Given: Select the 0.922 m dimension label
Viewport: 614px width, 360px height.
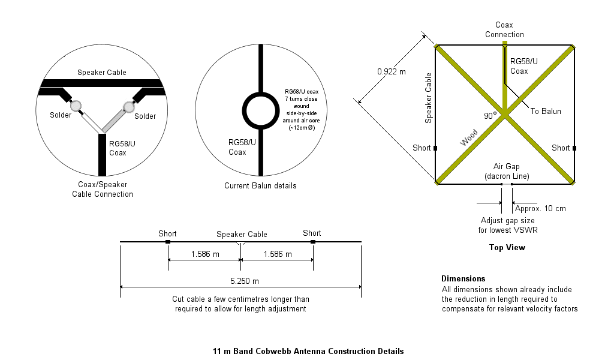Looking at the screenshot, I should [x=391, y=71].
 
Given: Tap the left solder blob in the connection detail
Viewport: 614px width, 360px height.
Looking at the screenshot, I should [x=77, y=106].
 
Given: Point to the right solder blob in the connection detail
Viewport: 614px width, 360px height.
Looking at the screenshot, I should [x=128, y=107].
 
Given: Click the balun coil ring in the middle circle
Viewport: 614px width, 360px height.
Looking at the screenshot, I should [x=261, y=110].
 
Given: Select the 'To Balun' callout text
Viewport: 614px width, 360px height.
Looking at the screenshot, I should [x=546, y=111].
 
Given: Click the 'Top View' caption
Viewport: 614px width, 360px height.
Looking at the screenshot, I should [x=507, y=247].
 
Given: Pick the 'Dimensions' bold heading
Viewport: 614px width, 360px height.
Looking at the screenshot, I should [x=463, y=278].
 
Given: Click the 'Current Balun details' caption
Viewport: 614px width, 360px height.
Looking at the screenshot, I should [x=260, y=185].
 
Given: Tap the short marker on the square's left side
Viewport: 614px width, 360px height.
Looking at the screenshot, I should [x=435, y=148].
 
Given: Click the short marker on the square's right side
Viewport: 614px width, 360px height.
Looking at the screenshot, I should [x=574, y=148].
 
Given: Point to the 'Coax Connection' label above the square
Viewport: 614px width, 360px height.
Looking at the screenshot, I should [x=504, y=29].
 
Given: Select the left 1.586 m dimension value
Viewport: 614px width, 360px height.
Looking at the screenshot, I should [x=205, y=254].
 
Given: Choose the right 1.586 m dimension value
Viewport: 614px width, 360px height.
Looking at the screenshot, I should [x=277, y=254].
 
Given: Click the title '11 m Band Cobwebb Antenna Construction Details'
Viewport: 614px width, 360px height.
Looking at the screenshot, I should [x=308, y=351].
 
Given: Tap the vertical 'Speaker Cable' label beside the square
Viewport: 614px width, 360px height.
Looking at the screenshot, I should [x=428, y=98].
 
